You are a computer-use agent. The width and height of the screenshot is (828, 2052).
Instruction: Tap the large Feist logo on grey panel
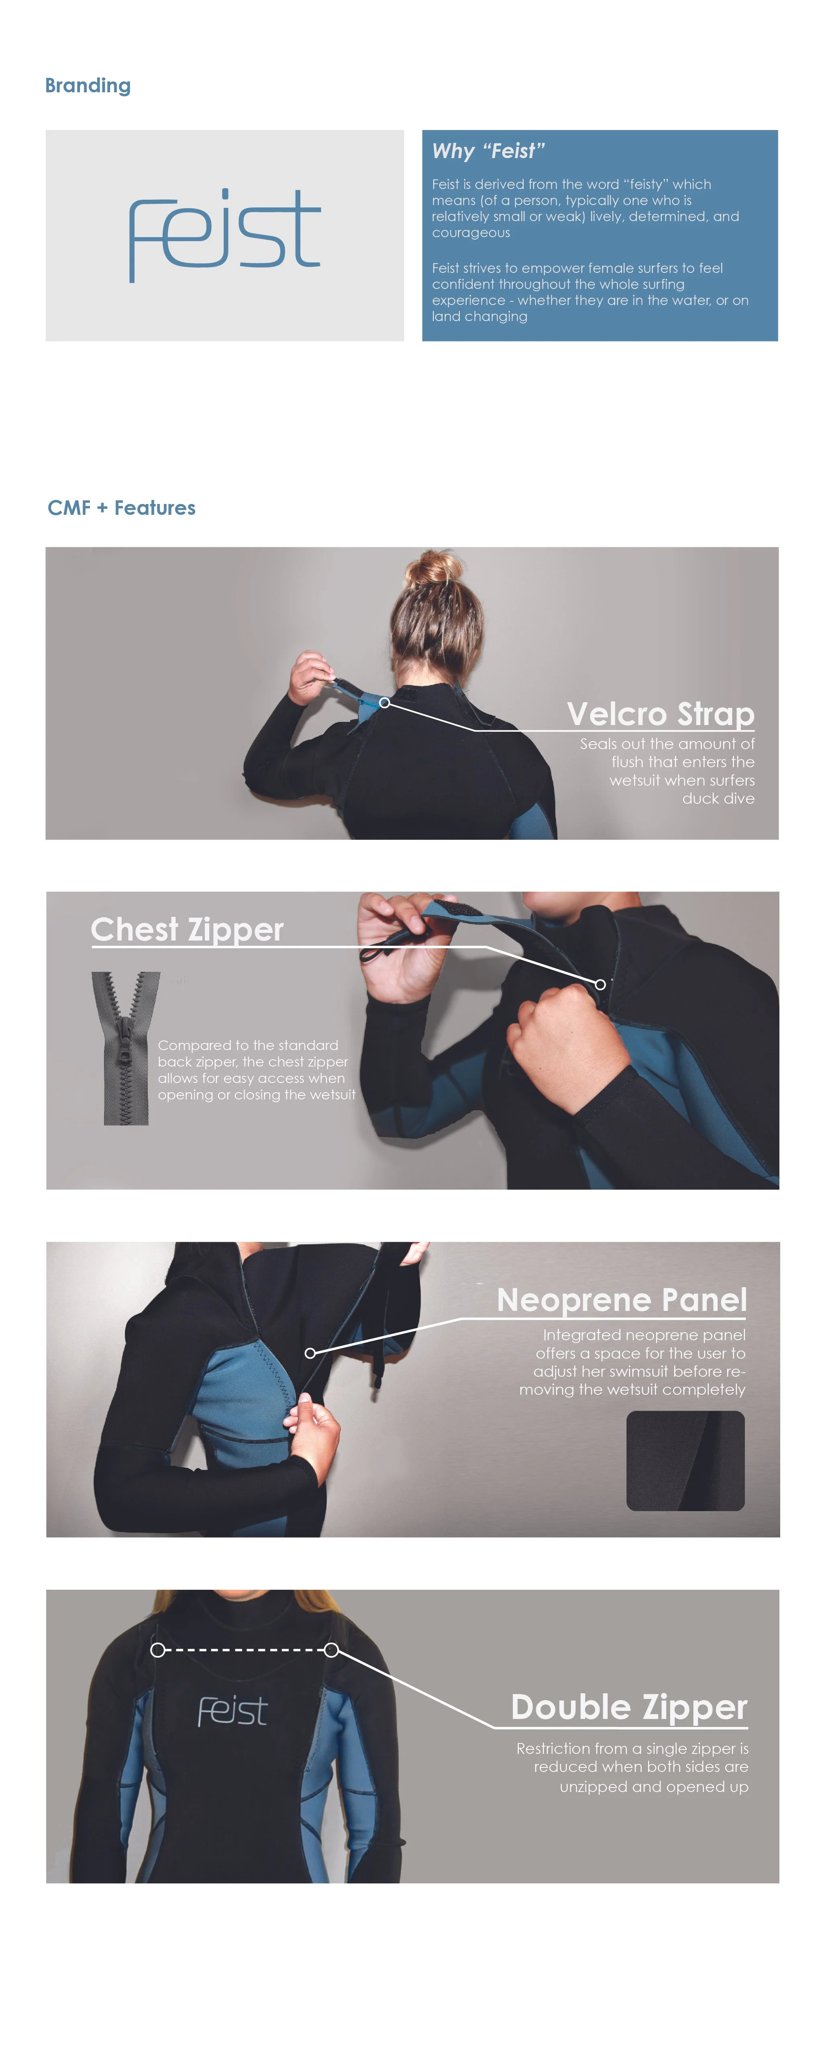[x=225, y=235]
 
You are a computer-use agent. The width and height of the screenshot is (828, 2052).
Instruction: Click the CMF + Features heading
[x=121, y=508]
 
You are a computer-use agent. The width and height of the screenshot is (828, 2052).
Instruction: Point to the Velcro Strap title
[x=661, y=714]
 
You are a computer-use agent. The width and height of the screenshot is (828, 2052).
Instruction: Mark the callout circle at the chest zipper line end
[x=600, y=985]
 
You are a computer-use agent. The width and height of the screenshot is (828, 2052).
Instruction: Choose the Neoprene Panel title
[x=622, y=1300]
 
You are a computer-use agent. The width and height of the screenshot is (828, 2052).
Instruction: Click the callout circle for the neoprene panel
[x=310, y=1353]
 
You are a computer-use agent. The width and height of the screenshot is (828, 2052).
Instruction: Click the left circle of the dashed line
[x=158, y=1650]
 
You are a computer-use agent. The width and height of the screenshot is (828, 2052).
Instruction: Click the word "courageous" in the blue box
[x=471, y=233]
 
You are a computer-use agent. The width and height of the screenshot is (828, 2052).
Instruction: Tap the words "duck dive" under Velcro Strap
[x=718, y=798]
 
